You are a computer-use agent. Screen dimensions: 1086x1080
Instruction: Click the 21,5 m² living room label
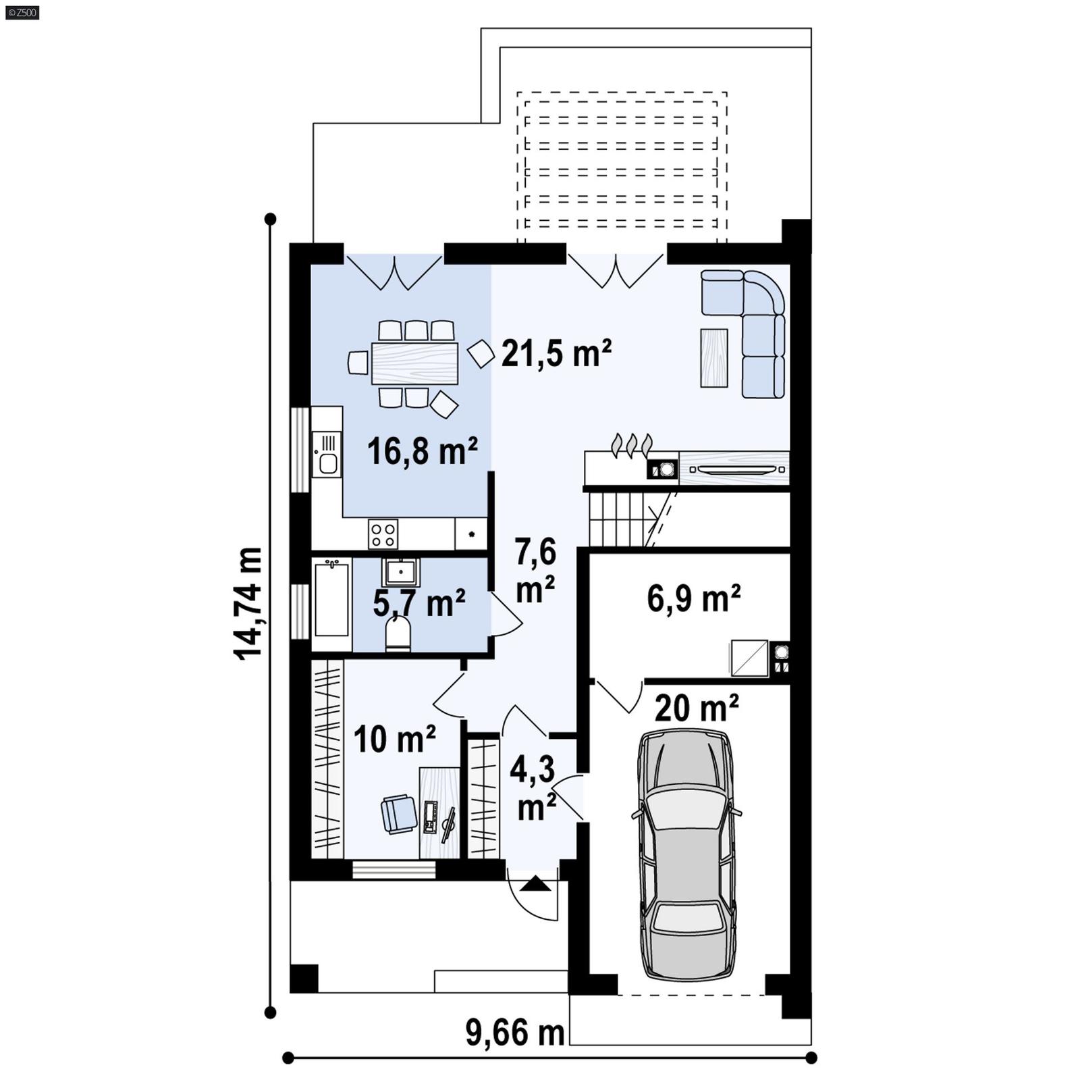point(556,354)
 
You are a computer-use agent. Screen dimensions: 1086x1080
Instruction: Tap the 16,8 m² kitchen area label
point(422,451)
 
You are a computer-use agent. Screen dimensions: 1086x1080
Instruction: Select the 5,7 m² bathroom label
point(418,602)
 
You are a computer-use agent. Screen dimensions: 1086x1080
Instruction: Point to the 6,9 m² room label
point(694,598)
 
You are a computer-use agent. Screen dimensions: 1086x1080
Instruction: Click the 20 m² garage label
point(696,708)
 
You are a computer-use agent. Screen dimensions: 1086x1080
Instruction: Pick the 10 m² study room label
point(394,739)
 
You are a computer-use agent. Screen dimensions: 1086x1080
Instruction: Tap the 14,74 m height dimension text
point(248,602)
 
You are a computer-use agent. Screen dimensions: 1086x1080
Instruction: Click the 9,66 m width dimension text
point(514,1033)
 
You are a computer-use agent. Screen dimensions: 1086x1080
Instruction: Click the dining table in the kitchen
point(414,363)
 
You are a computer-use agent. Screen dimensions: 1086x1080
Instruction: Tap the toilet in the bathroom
point(398,635)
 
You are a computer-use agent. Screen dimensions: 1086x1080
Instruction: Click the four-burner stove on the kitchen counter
point(383,534)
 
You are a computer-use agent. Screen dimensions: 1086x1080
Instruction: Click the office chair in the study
point(399,814)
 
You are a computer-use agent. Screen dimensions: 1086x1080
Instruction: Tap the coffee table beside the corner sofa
point(713,358)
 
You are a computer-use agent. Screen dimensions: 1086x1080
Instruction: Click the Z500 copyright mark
point(22,12)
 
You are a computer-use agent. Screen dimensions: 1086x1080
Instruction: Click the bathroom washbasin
point(401,573)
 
